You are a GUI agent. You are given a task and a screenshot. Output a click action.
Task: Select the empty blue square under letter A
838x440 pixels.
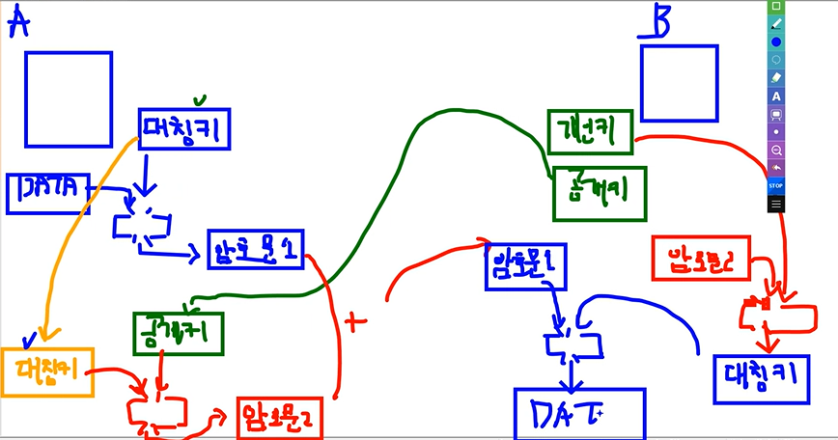pyautogui.click(x=68, y=99)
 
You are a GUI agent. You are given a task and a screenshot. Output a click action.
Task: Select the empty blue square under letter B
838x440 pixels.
pyautogui.click(x=679, y=83)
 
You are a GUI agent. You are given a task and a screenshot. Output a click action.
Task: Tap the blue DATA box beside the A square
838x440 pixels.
pyautogui.click(x=49, y=192)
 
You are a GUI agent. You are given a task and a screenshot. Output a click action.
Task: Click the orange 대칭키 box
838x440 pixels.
pyautogui.click(x=47, y=371)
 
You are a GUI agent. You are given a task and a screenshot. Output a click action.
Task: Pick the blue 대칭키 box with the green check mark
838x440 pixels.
pyautogui.click(x=184, y=129)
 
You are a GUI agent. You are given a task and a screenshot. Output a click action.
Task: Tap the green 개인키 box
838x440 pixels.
pyautogui.click(x=592, y=131)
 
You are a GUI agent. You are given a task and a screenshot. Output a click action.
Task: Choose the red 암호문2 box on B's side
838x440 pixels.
pyautogui.click(x=700, y=258)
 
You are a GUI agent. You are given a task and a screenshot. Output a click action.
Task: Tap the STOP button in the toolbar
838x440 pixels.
pyautogui.click(x=776, y=184)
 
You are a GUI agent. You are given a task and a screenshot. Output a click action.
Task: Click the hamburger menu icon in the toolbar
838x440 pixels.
pyautogui.click(x=776, y=204)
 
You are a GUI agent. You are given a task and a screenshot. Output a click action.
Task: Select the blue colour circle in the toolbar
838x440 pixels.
pyautogui.click(x=776, y=41)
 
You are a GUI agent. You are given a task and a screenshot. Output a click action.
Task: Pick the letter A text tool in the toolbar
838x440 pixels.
pyautogui.click(x=776, y=96)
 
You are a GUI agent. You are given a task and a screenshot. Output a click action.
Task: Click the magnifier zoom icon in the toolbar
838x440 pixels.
pyautogui.click(x=776, y=151)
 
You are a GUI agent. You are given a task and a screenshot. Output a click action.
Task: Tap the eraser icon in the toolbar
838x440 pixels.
pyautogui.click(x=776, y=77)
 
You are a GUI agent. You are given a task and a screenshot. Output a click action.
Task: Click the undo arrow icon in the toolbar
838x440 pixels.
pyautogui.click(x=776, y=168)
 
